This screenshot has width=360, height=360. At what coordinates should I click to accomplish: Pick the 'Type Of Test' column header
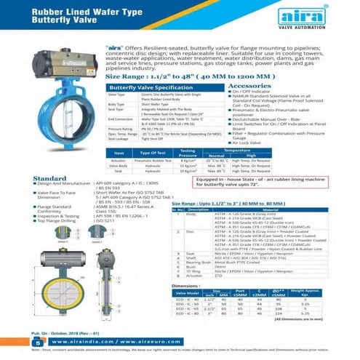(154, 153)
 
